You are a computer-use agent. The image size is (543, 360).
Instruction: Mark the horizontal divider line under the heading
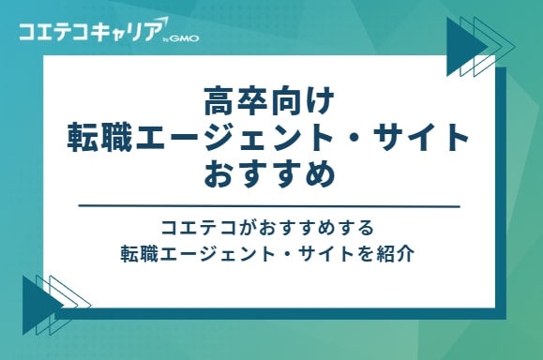[x=270, y=206]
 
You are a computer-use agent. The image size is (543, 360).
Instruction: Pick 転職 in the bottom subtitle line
[x=137, y=253]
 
